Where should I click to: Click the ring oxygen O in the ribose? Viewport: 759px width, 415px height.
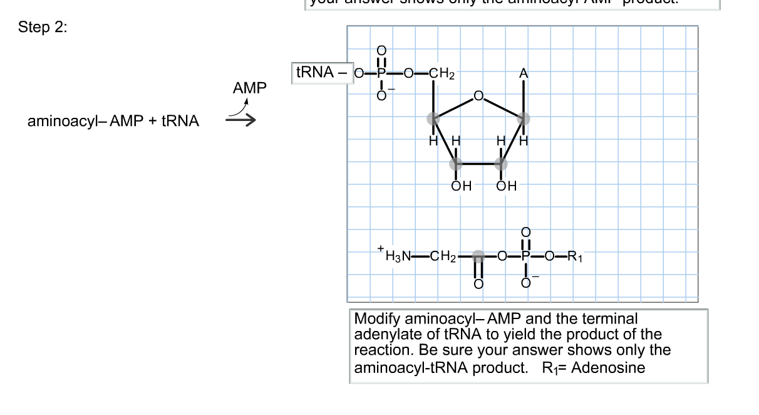[x=479, y=96]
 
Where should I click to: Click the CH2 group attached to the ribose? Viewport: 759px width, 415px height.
[x=442, y=73]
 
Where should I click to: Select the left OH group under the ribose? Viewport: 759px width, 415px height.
[x=462, y=186]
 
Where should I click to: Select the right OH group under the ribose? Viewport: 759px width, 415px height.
[x=506, y=186]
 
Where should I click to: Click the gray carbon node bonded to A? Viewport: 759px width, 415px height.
[x=524, y=118]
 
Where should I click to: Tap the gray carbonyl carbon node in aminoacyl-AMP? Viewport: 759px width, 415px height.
[x=478, y=255]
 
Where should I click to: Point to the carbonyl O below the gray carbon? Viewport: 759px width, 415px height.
[x=478, y=284]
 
